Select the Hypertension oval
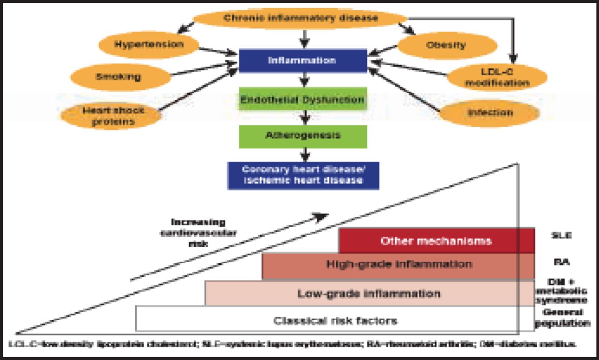coord(149,45)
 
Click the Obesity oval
coord(446,45)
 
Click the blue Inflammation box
coord(302,61)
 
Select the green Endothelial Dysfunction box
coord(302,100)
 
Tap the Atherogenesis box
coord(302,136)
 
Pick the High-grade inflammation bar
coord(398,264)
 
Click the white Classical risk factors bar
coord(335,321)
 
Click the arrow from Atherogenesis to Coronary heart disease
coord(305,154)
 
